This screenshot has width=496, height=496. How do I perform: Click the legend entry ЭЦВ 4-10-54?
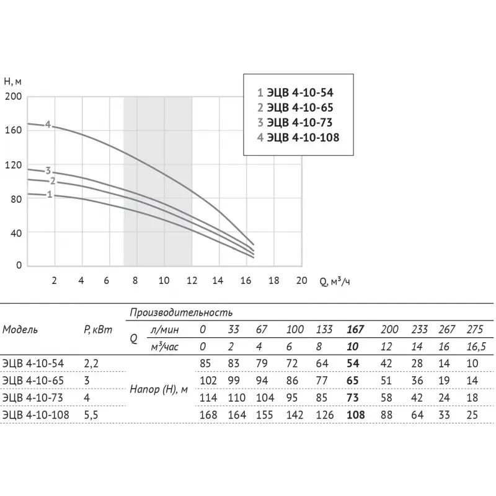[298, 93]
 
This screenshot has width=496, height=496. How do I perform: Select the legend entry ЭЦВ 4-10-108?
[298, 138]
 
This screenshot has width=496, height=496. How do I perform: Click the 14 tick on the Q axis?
[218, 280]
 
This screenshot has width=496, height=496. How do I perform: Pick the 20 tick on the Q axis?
[301, 280]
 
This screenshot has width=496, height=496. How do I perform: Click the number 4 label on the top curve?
[48, 124]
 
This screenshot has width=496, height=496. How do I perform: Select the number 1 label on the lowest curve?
[49, 195]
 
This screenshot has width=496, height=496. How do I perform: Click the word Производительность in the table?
[181, 314]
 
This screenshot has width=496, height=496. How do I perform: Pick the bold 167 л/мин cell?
[355, 330]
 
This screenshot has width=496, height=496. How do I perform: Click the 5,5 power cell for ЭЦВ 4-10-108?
[91, 415]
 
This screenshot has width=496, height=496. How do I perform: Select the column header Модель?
[20, 330]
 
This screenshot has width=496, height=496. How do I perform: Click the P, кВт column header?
[97, 330]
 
